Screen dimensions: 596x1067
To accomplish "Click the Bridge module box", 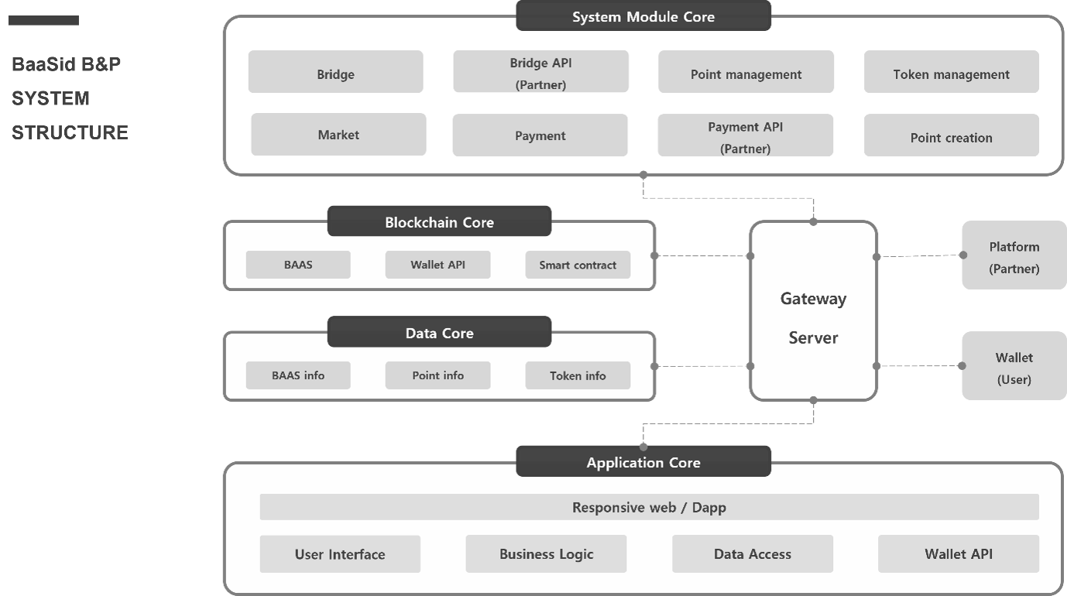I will click(335, 72).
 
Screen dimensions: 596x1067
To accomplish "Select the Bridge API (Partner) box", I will click(540, 72).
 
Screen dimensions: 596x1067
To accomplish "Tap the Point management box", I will click(746, 72).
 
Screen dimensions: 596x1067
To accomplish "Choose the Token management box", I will click(951, 72).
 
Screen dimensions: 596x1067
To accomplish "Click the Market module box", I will click(338, 135).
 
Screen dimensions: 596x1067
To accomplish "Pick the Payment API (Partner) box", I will click(745, 136).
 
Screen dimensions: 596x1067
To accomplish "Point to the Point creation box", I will click(951, 136).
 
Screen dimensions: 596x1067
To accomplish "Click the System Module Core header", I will click(643, 16).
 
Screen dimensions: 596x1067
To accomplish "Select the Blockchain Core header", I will click(439, 221).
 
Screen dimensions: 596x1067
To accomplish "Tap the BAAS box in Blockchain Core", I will click(298, 265).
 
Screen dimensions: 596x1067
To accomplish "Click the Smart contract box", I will click(578, 265).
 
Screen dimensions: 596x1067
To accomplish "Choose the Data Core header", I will click(439, 333).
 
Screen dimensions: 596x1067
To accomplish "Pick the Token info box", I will click(578, 375).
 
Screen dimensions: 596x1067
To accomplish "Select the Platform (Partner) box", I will click(1014, 255).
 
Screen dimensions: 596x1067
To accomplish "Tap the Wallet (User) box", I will click(1014, 367).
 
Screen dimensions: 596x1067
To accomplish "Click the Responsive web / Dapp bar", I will click(649, 508).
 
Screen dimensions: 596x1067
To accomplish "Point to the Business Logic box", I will click(546, 554).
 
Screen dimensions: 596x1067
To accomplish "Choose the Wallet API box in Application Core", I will click(958, 554).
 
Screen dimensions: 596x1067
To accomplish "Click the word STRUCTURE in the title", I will click(70, 132).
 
